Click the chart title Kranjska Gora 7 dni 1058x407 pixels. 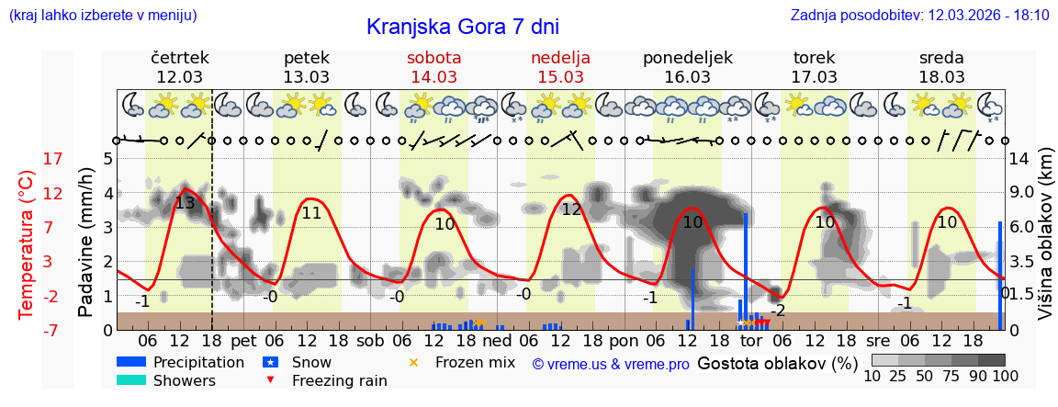[462, 27]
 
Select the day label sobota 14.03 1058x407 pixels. [433, 67]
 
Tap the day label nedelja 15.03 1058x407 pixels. [560, 67]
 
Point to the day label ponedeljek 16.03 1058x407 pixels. [688, 67]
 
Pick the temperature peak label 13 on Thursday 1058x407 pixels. [185, 203]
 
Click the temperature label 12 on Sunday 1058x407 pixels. [572, 209]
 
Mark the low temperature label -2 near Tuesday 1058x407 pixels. [778, 311]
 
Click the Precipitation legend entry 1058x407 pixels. [198, 362]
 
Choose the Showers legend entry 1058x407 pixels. [184, 380]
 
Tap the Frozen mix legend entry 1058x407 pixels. [474, 362]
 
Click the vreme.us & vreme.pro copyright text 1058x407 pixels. [611, 365]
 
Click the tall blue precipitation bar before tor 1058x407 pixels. [746, 266]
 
